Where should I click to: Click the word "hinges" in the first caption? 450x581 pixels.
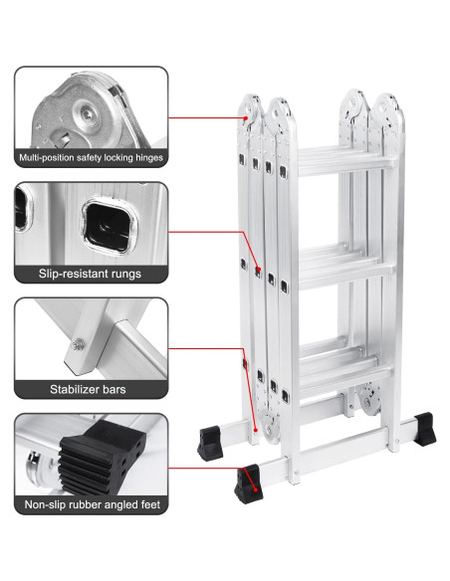pyautogui.click(x=143, y=157)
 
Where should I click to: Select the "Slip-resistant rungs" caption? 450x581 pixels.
pyautogui.click(x=91, y=273)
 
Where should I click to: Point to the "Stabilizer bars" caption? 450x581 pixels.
pyautogui.click(x=91, y=389)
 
